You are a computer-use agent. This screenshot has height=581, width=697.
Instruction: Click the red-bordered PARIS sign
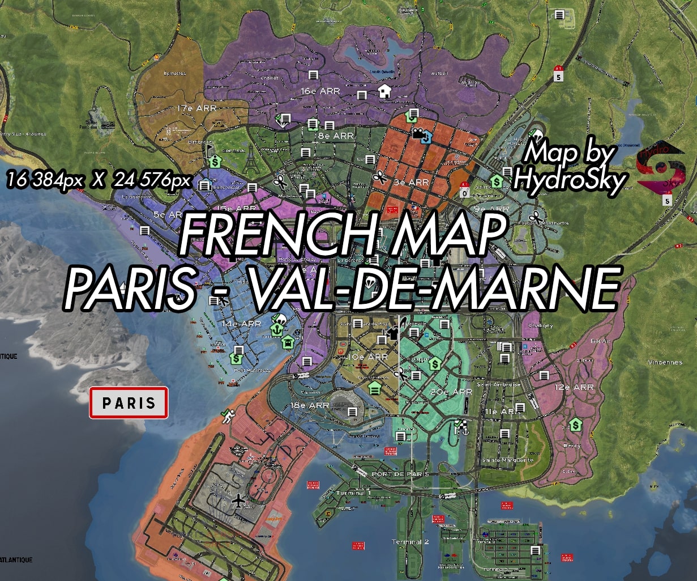129,403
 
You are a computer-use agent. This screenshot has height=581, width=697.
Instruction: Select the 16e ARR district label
320,91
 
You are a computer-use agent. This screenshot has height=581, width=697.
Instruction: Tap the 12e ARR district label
574,387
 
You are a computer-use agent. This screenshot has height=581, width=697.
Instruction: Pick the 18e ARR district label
310,405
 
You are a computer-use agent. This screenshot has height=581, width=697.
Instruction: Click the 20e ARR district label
451,392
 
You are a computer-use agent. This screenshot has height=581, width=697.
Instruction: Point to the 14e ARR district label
241,324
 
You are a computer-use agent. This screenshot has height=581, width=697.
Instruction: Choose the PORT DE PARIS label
400,474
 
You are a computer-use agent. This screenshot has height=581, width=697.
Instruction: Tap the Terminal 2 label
410,542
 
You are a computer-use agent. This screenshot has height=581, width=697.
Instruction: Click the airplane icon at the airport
239,501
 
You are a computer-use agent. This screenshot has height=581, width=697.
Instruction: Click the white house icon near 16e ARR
384,91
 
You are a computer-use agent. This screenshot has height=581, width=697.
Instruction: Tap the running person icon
228,417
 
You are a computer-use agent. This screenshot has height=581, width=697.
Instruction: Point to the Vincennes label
665,362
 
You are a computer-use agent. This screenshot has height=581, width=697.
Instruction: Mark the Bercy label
572,446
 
